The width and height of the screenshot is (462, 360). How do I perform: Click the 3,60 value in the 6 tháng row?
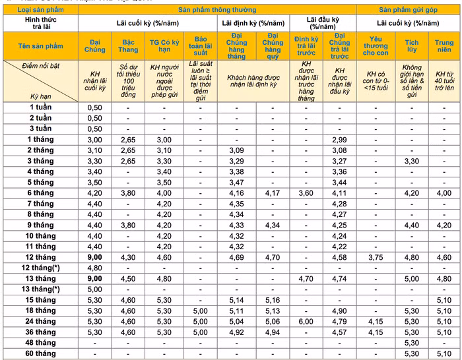(x=306, y=193)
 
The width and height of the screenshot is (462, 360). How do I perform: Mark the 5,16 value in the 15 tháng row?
(x=270, y=300)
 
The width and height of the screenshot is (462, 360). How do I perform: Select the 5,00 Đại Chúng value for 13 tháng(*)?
(x=95, y=289)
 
